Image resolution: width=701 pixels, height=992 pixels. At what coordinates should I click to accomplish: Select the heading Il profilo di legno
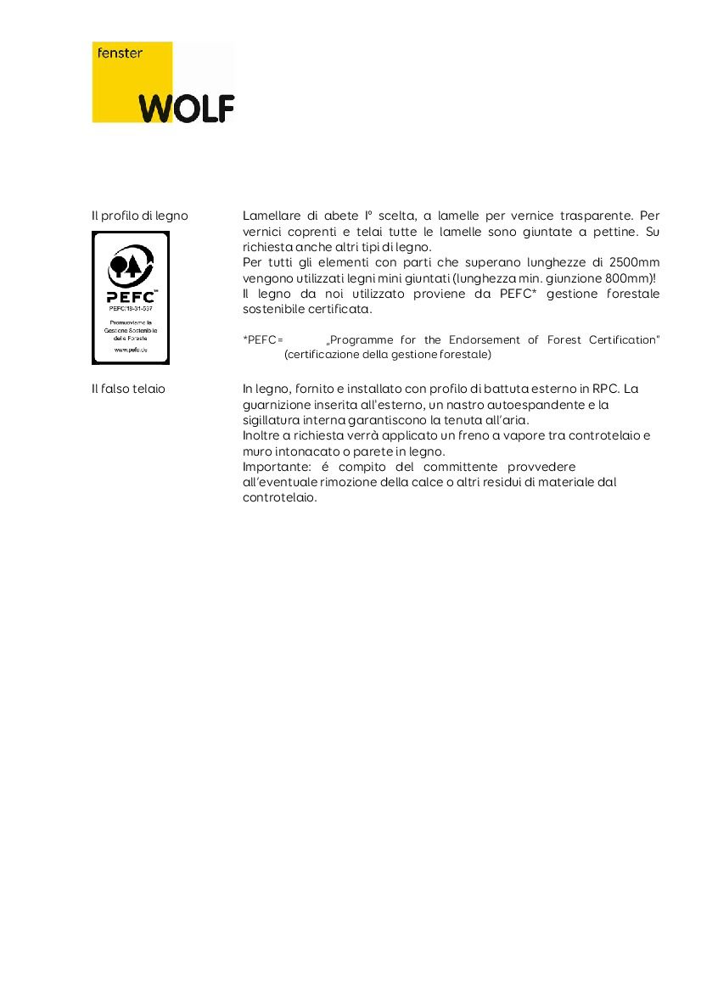pyautogui.click(x=140, y=216)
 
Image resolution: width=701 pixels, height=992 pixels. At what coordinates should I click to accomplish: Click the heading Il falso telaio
pyautogui.click(x=128, y=389)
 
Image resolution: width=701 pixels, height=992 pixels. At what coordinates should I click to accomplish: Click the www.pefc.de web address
pyautogui.click(x=130, y=350)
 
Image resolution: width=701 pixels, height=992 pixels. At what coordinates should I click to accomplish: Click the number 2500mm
pyautogui.click(x=634, y=263)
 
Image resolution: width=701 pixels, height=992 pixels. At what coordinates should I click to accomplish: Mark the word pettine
pyautogui.click(x=616, y=232)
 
